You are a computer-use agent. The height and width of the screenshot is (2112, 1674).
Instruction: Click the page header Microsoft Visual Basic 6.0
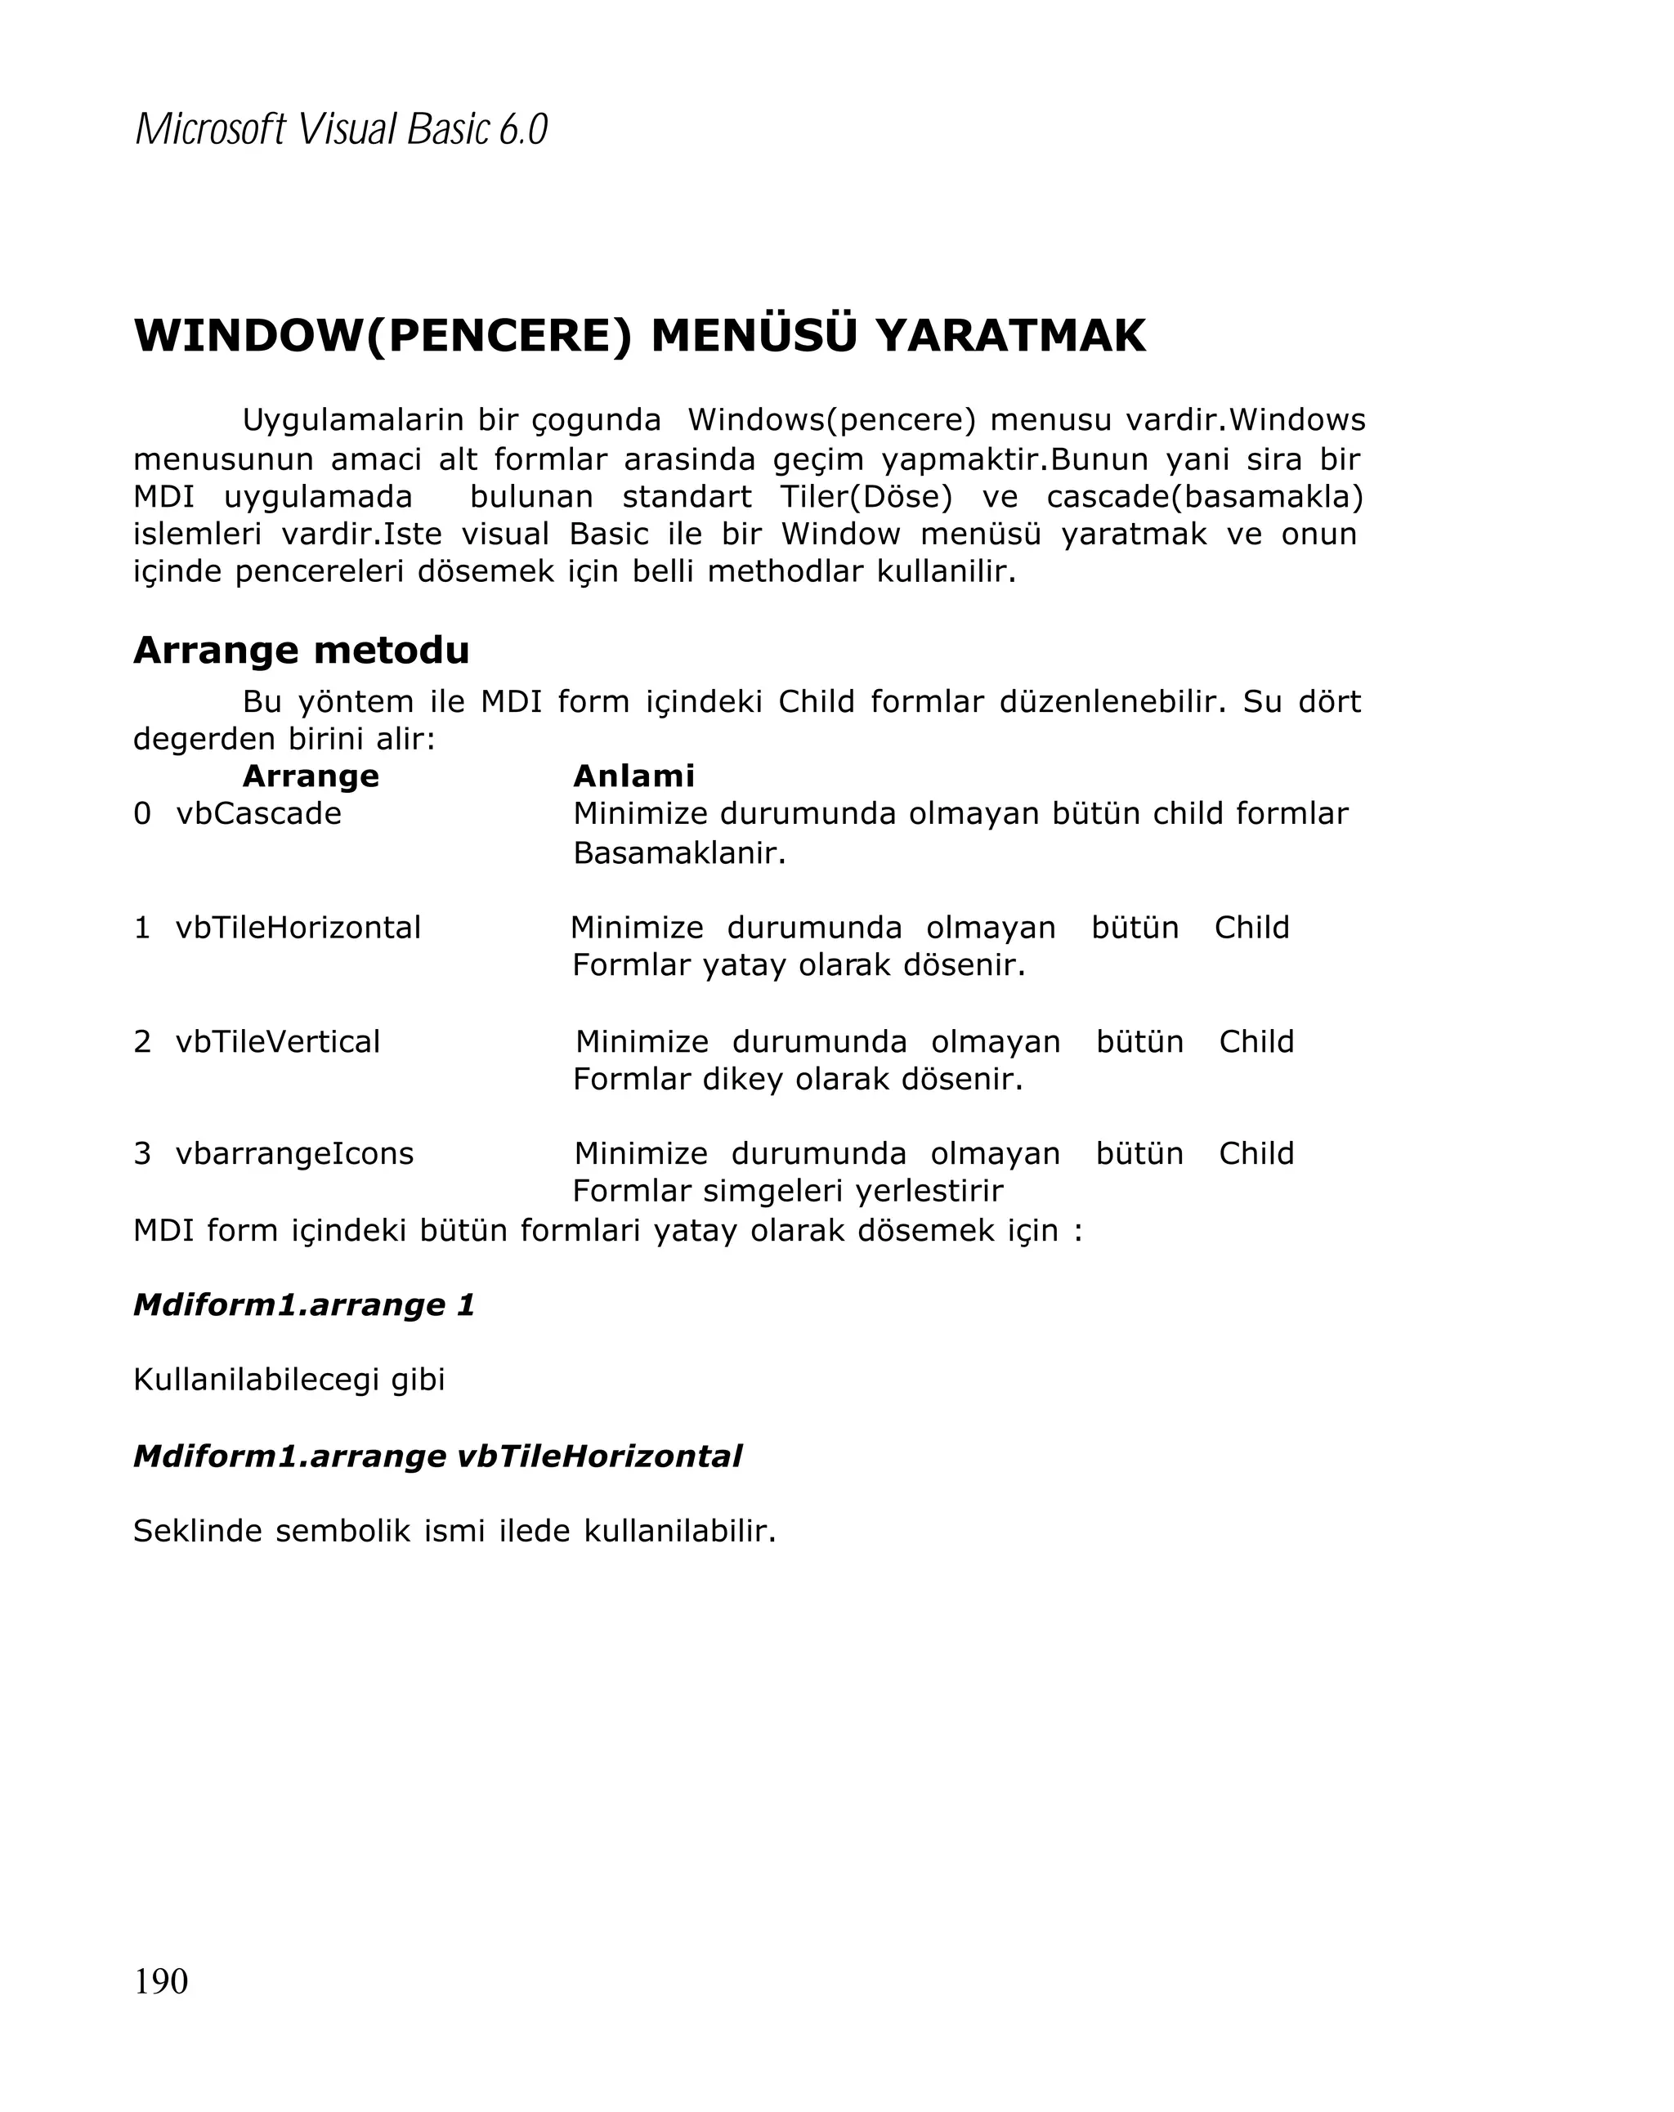tap(340, 129)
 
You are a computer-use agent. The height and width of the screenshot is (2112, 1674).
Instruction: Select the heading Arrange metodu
tap(301, 651)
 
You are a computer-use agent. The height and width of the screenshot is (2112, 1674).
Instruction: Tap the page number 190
tap(161, 1980)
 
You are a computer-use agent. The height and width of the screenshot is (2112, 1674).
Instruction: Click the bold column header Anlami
tap(633, 776)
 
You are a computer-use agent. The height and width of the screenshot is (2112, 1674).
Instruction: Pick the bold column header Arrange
tap(310, 776)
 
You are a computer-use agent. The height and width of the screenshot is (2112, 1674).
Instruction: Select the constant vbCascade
tap(258, 813)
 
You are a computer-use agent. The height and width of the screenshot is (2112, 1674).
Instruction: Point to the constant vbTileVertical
tap(277, 1040)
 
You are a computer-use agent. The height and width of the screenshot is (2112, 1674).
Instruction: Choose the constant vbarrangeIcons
tap(294, 1153)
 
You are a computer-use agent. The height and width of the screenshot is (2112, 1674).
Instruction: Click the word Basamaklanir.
tap(678, 853)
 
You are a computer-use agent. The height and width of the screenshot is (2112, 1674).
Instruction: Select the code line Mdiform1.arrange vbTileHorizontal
tap(436, 1456)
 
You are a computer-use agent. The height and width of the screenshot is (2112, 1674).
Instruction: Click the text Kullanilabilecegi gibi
tap(289, 1380)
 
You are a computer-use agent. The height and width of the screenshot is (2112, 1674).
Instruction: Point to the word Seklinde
tap(197, 1531)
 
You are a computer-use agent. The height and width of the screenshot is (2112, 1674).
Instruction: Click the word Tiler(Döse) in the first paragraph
tap(866, 497)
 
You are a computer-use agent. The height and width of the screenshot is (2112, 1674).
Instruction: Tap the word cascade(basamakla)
tap(1204, 497)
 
